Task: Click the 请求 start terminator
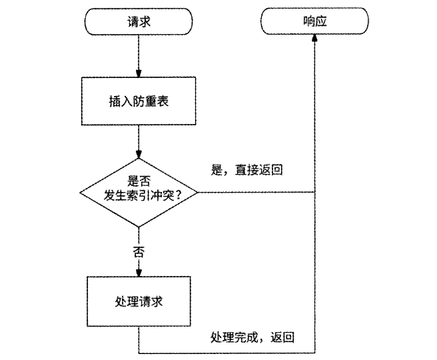pyautogui.click(x=138, y=21)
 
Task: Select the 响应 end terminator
pyautogui.click(x=314, y=21)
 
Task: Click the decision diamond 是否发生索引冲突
pyautogui.click(x=139, y=193)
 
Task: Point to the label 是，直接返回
pyautogui.click(x=247, y=170)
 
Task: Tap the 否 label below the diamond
pyautogui.click(x=139, y=252)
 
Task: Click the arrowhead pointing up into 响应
pyautogui.click(x=314, y=39)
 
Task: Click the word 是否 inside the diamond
pyautogui.click(x=139, y=181)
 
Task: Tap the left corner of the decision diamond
pyautogui.click(x=80, y=193)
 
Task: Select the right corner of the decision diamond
pyautogui.click(x=198, y=193)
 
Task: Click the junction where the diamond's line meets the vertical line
pyautogui.click(x=314, y=193)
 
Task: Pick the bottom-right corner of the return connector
pyautogui.click(x=314, y=353)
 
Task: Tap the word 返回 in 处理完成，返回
pyautogui.click(x=282, y=337)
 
